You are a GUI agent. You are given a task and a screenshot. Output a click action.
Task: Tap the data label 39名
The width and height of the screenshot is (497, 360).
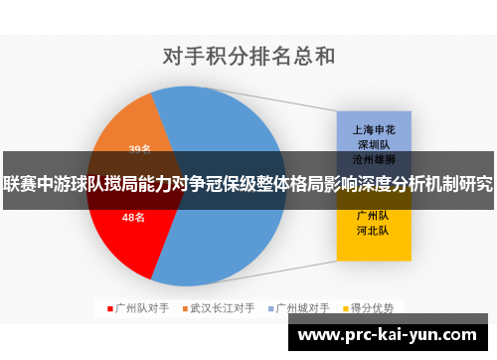point(139,150)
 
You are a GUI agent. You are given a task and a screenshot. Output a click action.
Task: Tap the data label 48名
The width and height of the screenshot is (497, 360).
point(133,217)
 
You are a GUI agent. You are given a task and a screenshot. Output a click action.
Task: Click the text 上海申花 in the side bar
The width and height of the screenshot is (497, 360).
point(374,129)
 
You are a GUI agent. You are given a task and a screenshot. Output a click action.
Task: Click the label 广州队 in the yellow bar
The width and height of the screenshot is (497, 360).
point(374,216)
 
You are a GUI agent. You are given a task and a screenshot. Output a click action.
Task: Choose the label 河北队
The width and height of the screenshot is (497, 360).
point(374,230)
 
